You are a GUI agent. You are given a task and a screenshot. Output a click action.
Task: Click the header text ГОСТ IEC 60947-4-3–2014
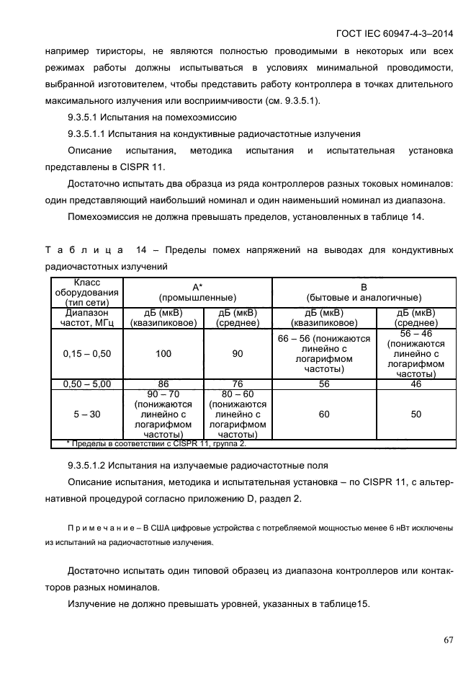tap(394, 33)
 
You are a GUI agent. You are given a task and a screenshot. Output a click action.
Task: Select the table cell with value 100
tap(163, 354)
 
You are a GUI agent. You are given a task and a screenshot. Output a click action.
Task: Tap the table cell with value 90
tap(238, 354)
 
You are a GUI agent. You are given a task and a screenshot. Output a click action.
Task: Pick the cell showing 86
tap(163, 385)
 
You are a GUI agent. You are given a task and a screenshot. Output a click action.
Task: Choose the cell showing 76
tap(238, 385)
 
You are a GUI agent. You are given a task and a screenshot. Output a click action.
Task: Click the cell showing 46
tap(416, 385)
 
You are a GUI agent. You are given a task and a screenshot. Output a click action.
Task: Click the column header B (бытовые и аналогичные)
tap(364, 292)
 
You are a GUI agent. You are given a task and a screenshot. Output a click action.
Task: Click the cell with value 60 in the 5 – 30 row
tap(324, 414)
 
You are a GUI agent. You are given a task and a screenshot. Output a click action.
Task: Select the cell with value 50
tap(416, 414)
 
